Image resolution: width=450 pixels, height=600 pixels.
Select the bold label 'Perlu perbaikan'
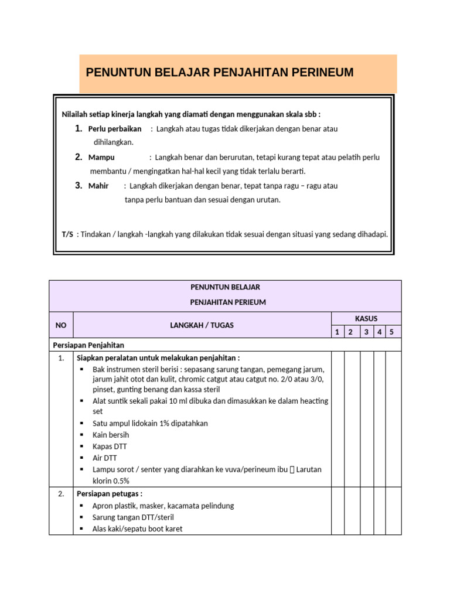[x=115, y=129]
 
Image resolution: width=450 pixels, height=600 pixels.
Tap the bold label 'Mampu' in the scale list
[x=101, y=158]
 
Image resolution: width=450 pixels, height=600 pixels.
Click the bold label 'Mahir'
[x=98, y=186]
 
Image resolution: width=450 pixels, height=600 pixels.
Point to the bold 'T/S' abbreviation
[x=67, y=234]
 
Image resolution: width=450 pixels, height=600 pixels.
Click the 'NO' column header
[x=61, y=325]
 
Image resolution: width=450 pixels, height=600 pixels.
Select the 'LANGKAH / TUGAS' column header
[x=202, y=325]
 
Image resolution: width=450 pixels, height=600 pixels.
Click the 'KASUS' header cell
[x=366, y=319]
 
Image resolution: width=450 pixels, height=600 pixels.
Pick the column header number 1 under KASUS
[x=337, y=332]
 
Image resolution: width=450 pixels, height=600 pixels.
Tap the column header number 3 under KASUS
[x=366, y=332]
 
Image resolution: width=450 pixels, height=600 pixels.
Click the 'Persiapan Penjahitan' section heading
[x=88, y=345]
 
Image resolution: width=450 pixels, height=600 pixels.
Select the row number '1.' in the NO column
[x=61, y=358]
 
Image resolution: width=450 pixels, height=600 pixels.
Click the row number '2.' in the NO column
[x=61, y=494]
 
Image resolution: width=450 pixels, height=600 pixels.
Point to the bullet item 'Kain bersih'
[x=111, y=435]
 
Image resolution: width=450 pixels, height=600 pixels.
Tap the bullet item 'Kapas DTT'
[x=110, y=446]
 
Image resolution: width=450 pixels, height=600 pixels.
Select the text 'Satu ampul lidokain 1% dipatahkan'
[x=150, y=423]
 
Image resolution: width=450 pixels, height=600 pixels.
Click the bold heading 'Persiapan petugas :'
[x=110, y=494]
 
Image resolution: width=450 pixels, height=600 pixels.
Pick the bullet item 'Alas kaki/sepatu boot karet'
[x=137, y=529]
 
